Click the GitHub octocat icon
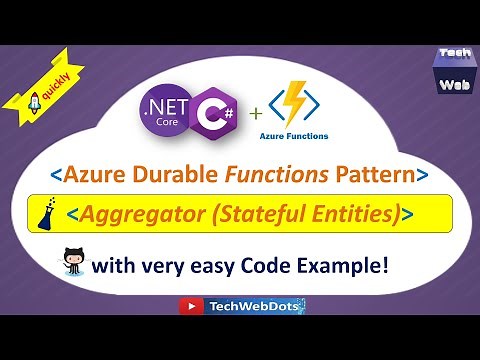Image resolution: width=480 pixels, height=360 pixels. [72, 266]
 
